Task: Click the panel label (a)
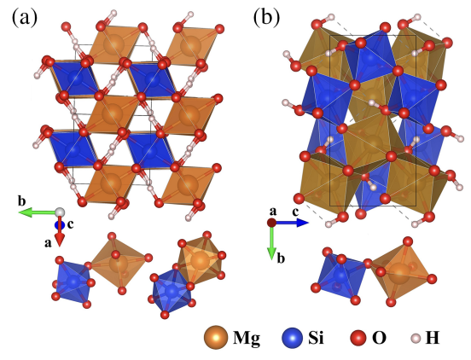[26, 17]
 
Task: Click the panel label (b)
[266, 17]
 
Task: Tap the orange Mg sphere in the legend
[215, 338]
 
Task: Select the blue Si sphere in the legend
[293, 338]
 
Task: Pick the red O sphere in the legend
[358, 338]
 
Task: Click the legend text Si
[316, 338]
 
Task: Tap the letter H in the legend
[433, 338]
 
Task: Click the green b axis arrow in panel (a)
[38, 212]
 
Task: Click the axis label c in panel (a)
[70, 224]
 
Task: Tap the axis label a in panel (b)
[273, 212]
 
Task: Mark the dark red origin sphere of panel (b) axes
[271, 223]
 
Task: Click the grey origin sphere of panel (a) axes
[60, 212]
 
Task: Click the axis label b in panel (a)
[21, 201]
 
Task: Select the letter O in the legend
[380, 338]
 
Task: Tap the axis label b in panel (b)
[281, 258]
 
